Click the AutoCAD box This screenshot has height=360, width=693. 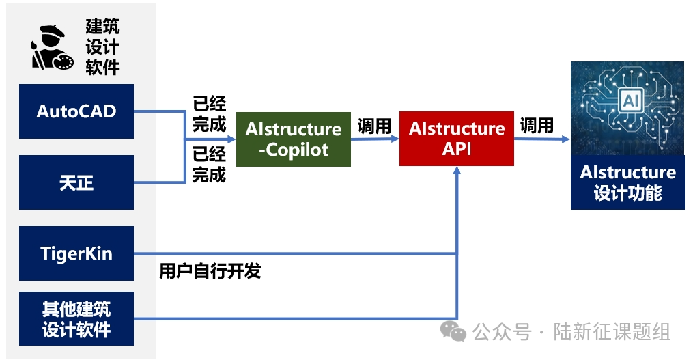pos(76,111)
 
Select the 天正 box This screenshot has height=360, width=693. pos(76,182)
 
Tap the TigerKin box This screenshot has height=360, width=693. pos(76,253)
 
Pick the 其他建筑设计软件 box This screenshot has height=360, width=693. pos(76,318)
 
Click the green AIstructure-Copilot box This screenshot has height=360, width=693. pos(294,139)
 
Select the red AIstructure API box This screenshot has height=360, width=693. pos(456,139)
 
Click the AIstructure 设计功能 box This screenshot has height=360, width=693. pos(627,182)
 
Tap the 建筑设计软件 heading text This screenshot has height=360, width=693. pos(102,46)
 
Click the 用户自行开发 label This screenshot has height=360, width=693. pos(210,271)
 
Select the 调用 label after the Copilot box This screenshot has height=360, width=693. pos(374,126)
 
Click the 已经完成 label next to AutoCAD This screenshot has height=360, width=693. pos(209,113)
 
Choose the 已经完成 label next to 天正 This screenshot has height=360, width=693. pos(209,164)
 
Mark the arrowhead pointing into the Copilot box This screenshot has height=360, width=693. pos(232,139)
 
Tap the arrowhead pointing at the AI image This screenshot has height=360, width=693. pos(566,139)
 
